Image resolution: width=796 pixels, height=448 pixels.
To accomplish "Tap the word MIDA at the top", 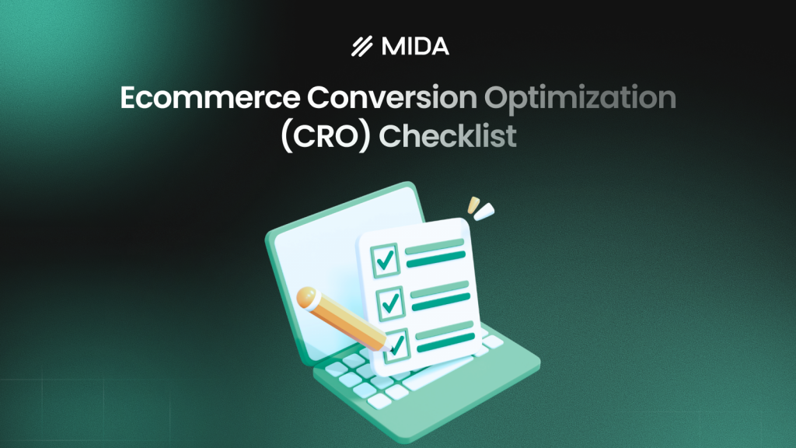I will click(x=415, y=47).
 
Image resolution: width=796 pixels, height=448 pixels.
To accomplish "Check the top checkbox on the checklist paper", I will click(x=385, y=259).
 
